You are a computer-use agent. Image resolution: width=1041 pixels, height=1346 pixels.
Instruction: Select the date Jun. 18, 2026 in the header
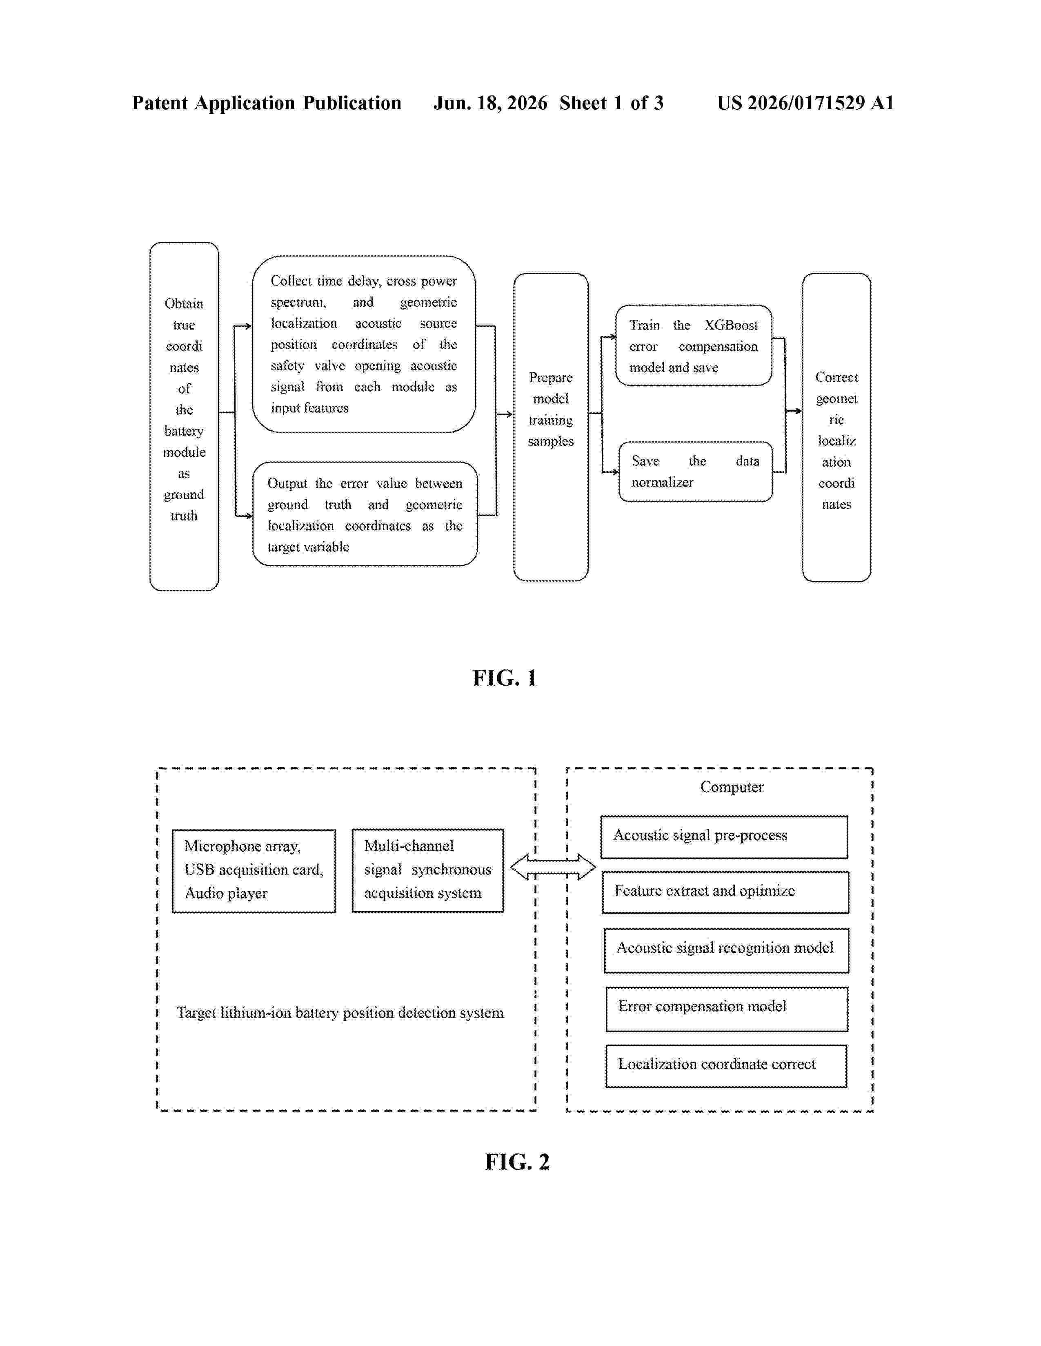490,103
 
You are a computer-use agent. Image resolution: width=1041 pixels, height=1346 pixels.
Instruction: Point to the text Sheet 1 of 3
611,103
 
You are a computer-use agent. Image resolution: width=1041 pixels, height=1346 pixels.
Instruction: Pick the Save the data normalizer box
696,472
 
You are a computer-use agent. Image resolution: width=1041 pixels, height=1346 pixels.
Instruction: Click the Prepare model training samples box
551,427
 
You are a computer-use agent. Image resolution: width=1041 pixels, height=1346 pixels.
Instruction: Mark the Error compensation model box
727,1009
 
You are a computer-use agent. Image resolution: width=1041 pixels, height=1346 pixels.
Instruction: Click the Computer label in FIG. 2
732,787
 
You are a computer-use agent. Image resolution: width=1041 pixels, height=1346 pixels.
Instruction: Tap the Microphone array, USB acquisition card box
254,871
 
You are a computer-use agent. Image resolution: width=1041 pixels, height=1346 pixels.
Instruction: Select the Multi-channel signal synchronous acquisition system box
428,870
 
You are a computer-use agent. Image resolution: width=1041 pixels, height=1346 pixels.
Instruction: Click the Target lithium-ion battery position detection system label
340,1013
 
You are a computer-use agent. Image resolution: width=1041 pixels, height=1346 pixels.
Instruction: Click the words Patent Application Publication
267,103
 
